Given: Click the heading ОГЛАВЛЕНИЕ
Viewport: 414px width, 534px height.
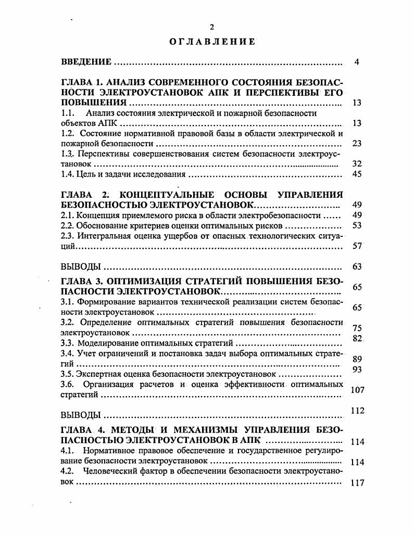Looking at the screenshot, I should click(x=212, y=42).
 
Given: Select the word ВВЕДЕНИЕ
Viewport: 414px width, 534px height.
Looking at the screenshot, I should click(x=86, y=62).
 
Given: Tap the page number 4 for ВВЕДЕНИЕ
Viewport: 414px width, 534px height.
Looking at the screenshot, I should click(x=357, y=62).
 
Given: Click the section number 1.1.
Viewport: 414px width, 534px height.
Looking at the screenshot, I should click(x=68, y=113).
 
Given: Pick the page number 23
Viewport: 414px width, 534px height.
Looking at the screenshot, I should click(x=357, y=143).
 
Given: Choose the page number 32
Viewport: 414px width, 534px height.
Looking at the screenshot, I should click(x=357, y=163).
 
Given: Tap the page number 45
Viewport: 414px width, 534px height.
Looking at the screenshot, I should click(x=357, y=174).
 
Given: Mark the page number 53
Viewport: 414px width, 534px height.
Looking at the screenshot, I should click(x=357, y=225).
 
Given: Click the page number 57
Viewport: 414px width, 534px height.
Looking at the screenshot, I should click(x=357, y=246).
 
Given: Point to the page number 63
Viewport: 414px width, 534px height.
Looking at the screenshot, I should click(x=357, y=267).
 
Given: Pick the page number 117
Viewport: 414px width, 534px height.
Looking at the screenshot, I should click(x=357, y=482).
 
